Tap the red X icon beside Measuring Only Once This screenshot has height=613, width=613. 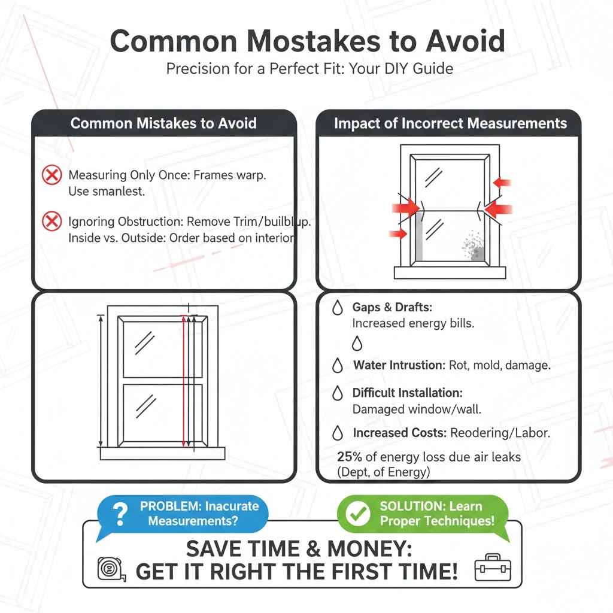pos(52,175)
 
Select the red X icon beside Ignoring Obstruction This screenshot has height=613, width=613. pos(52,222)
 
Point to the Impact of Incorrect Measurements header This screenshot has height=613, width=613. pos(450,123)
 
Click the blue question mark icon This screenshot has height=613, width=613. pos(120,514)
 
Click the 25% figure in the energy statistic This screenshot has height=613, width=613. pos(349,457)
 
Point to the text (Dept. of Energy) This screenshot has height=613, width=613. pos(383,472)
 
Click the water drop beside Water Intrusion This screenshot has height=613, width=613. pos(338,365)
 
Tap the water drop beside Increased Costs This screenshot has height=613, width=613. pos(338,432)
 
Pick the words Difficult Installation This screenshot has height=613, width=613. pos(407,393)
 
